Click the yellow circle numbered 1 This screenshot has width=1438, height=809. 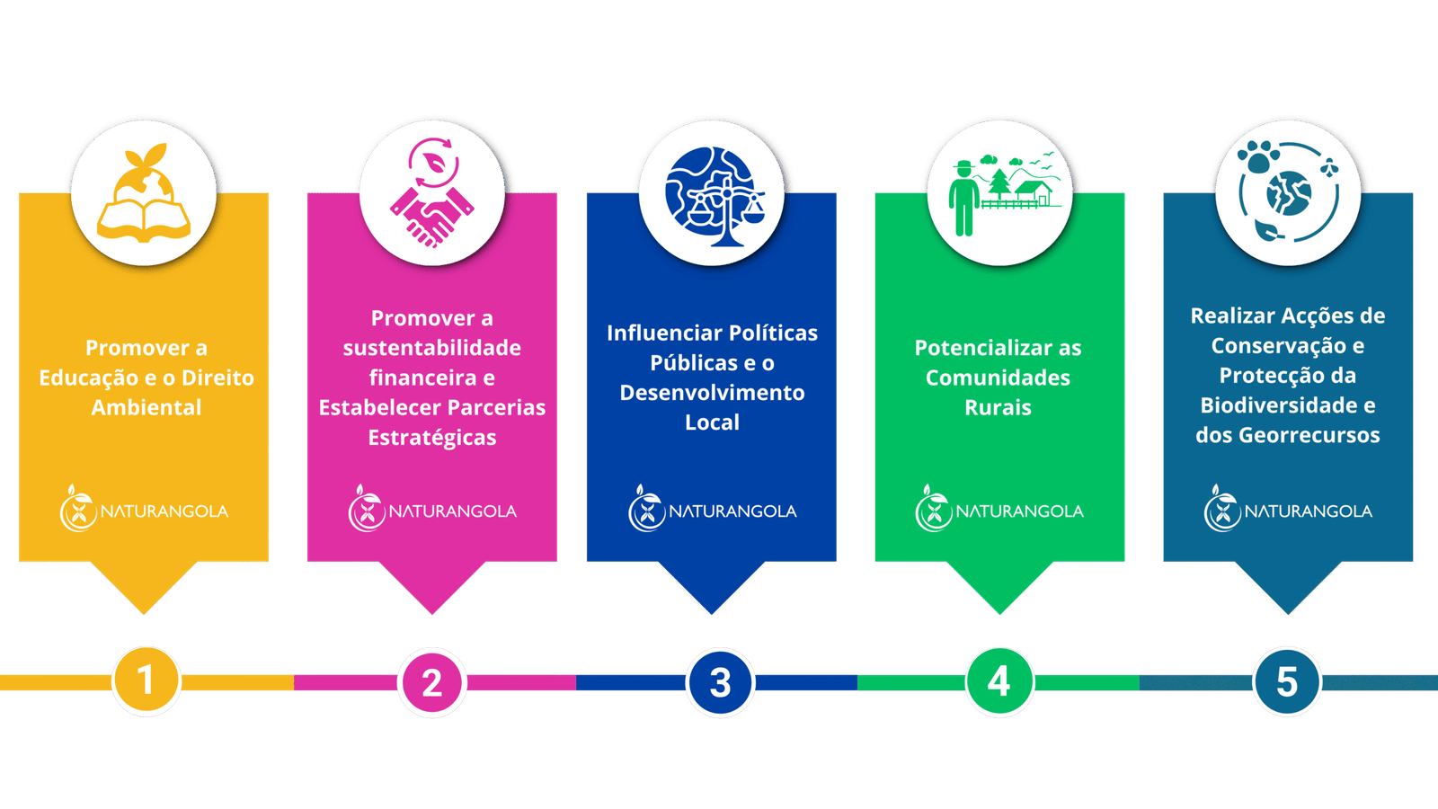(x=146, y=680)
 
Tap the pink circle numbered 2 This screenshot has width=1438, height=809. (x=432, y=682)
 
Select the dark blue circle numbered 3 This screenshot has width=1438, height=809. (x=720, y=682)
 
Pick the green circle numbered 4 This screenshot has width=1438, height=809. (x=999, y=681)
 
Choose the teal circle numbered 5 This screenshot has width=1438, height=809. (x=1287, y=681)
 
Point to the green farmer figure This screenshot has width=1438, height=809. (x=964, y=199)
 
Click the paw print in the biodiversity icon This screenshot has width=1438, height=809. (x=1258, y=157)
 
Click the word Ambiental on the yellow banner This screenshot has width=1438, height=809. (x=146, y=407)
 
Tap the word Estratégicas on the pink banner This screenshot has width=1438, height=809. (x=432, y=438)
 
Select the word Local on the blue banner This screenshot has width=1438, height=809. (x=712, y=422)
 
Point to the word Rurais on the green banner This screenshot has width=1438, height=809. (x=999, y=407)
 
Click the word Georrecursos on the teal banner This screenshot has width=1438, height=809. (x=1309, y=435)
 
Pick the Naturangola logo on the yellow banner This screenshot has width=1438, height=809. (x=144, y=509)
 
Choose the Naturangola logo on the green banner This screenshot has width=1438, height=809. (x=999, y=509)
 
